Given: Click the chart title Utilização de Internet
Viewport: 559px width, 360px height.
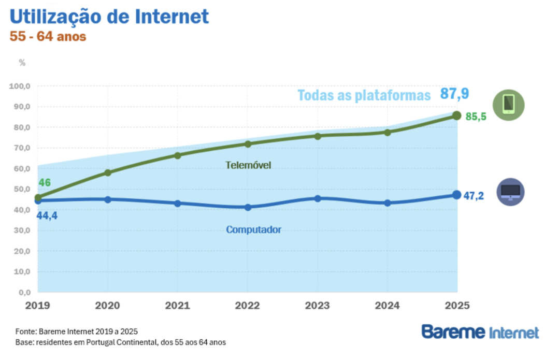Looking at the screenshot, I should click(109, 17).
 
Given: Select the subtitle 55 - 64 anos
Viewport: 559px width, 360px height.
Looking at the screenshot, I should click(48, 37).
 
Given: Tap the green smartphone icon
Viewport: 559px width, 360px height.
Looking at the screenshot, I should click(508, 105).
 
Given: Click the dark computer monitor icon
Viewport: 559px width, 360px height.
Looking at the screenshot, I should click(510, 192).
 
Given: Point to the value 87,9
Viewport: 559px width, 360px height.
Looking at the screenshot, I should click(454, 94).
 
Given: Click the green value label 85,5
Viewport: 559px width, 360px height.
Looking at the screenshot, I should click(476, 117).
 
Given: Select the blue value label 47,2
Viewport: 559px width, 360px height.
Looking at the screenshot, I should click(474, 196).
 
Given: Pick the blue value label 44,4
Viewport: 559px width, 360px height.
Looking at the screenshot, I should click(47, 215).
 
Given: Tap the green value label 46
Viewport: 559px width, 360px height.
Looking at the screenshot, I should click(45, 183).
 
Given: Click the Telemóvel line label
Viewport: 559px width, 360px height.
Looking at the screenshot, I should click(248, 165).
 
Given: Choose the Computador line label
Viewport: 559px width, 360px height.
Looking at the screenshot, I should click(253, 229).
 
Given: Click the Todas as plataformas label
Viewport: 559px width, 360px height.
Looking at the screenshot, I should click(364, 96).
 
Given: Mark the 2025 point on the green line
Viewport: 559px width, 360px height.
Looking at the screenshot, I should click(456, 116).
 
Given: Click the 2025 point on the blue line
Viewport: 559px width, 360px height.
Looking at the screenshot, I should click(456, 195).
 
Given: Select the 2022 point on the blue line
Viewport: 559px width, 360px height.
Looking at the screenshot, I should click(248, 207).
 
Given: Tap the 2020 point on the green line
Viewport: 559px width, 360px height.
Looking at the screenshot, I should click(108, 172).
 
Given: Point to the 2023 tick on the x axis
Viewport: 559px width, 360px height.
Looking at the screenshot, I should click(318, 306).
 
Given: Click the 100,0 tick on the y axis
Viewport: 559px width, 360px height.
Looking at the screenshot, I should click(20, 86).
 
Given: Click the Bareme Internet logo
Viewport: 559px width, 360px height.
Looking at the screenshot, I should click(480, 332).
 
